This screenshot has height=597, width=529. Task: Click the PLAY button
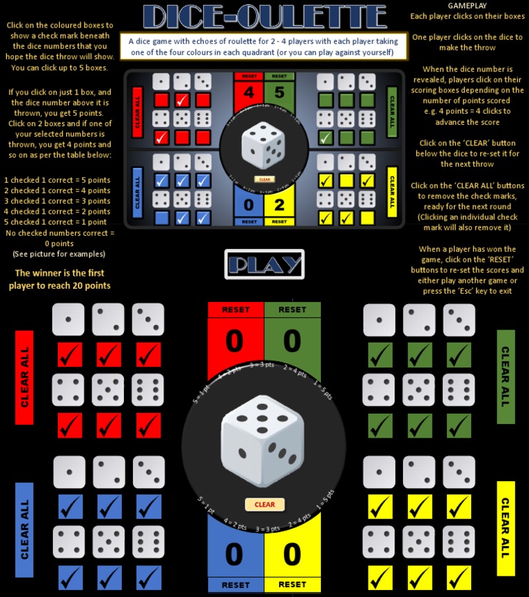tap(264, 264)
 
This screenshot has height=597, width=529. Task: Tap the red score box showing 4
tap(249, 92)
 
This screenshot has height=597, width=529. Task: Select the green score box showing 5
tap(279, 92)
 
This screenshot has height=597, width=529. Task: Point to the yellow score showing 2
tap(279, 204)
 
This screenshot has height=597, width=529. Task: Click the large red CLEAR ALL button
tap(25, 378)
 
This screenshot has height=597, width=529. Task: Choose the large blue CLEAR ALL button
tap(25, 530)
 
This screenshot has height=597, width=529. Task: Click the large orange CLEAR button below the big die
tap(264, 505)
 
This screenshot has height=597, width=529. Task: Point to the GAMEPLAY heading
tap(467, 6)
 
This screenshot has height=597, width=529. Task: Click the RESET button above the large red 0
tap(236, 310)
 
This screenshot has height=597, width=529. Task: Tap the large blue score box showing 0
tap(236, 555)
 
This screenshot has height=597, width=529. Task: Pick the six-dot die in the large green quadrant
tap(459, 389)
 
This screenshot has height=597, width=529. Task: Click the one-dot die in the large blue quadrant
tap(70, 473)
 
